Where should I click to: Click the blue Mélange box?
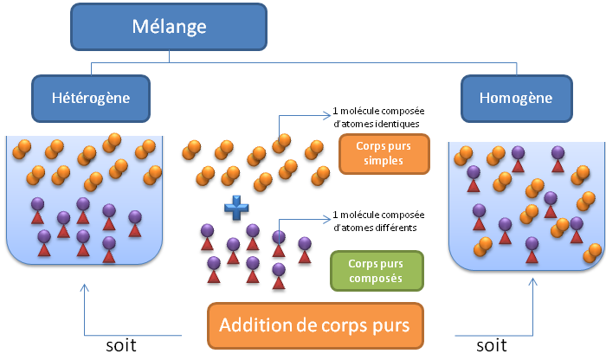169,27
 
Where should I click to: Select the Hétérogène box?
91,99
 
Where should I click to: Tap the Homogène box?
517,99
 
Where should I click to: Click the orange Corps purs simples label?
384,154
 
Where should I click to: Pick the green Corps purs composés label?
377,271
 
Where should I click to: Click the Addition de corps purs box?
315,325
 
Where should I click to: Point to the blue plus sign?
236,208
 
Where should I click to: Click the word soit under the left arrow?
121,345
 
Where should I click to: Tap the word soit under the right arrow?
491,345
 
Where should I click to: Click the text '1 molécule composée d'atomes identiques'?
378,118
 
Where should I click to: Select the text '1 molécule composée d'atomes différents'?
378,222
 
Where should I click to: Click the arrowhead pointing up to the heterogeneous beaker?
84,288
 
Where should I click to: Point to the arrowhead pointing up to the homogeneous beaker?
532,282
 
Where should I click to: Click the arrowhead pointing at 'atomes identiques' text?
327,115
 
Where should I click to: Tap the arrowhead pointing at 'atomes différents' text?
327,219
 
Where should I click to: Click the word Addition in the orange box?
255,325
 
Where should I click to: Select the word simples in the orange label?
384,161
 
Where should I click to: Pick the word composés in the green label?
376,279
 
